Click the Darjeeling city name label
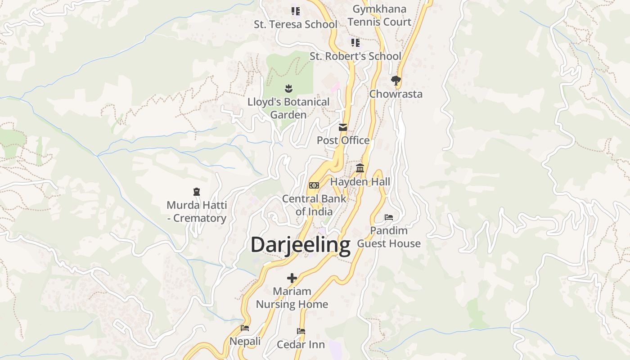pyautogui.click(x=300, y=246)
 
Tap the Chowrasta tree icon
pyautogui.click(x=396, y=81)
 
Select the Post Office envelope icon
pyautogui.click(x=343, y=127)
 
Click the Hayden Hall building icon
pyautogui.click(x=360, y=168)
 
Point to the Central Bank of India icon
pyautogui.click(x=314, y=185)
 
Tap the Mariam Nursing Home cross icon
pyautogui.click(x=292, y=278)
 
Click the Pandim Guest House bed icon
pyautogui.click(x=389, y=217)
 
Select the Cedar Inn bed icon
pyautogui.click(x=301, y=331)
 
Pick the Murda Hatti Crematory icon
pyautogui.click(x=197, y=192)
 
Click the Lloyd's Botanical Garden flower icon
pyautogui.click(x=288, y=88)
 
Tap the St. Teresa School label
pyautogui.click(x=295, y=24)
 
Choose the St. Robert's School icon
pyautogui.click(x=355, y=43)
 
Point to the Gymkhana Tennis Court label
pyautogui.click(x=379, y=15)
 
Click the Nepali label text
pyautogui.click(x=245, y=342)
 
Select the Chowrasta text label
pyautogui.click(x=396, y=94)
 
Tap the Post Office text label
pyautogui.click(x=343, y=140)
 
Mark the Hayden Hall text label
pyautogui.click(x=360, y=182)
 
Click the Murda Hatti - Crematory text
pyautogui.click(x=197, y=211)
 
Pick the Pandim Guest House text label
pyautogui.click(x=389, y=237)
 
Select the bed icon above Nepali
pyautogui.click(x=245, y=328)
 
